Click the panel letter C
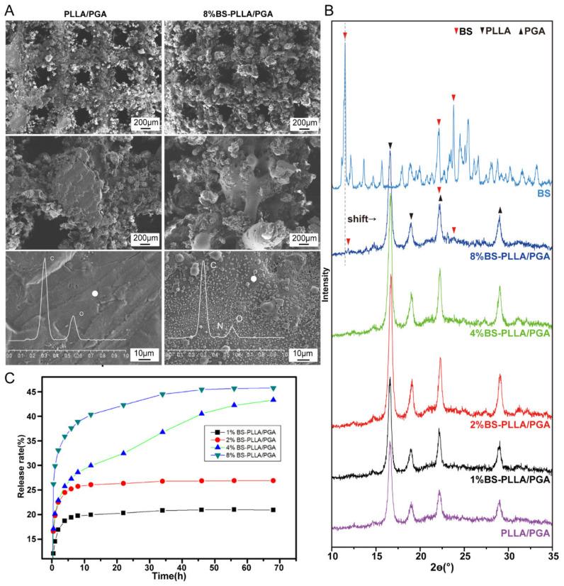click(9, 377)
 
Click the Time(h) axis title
click(171, 577)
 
